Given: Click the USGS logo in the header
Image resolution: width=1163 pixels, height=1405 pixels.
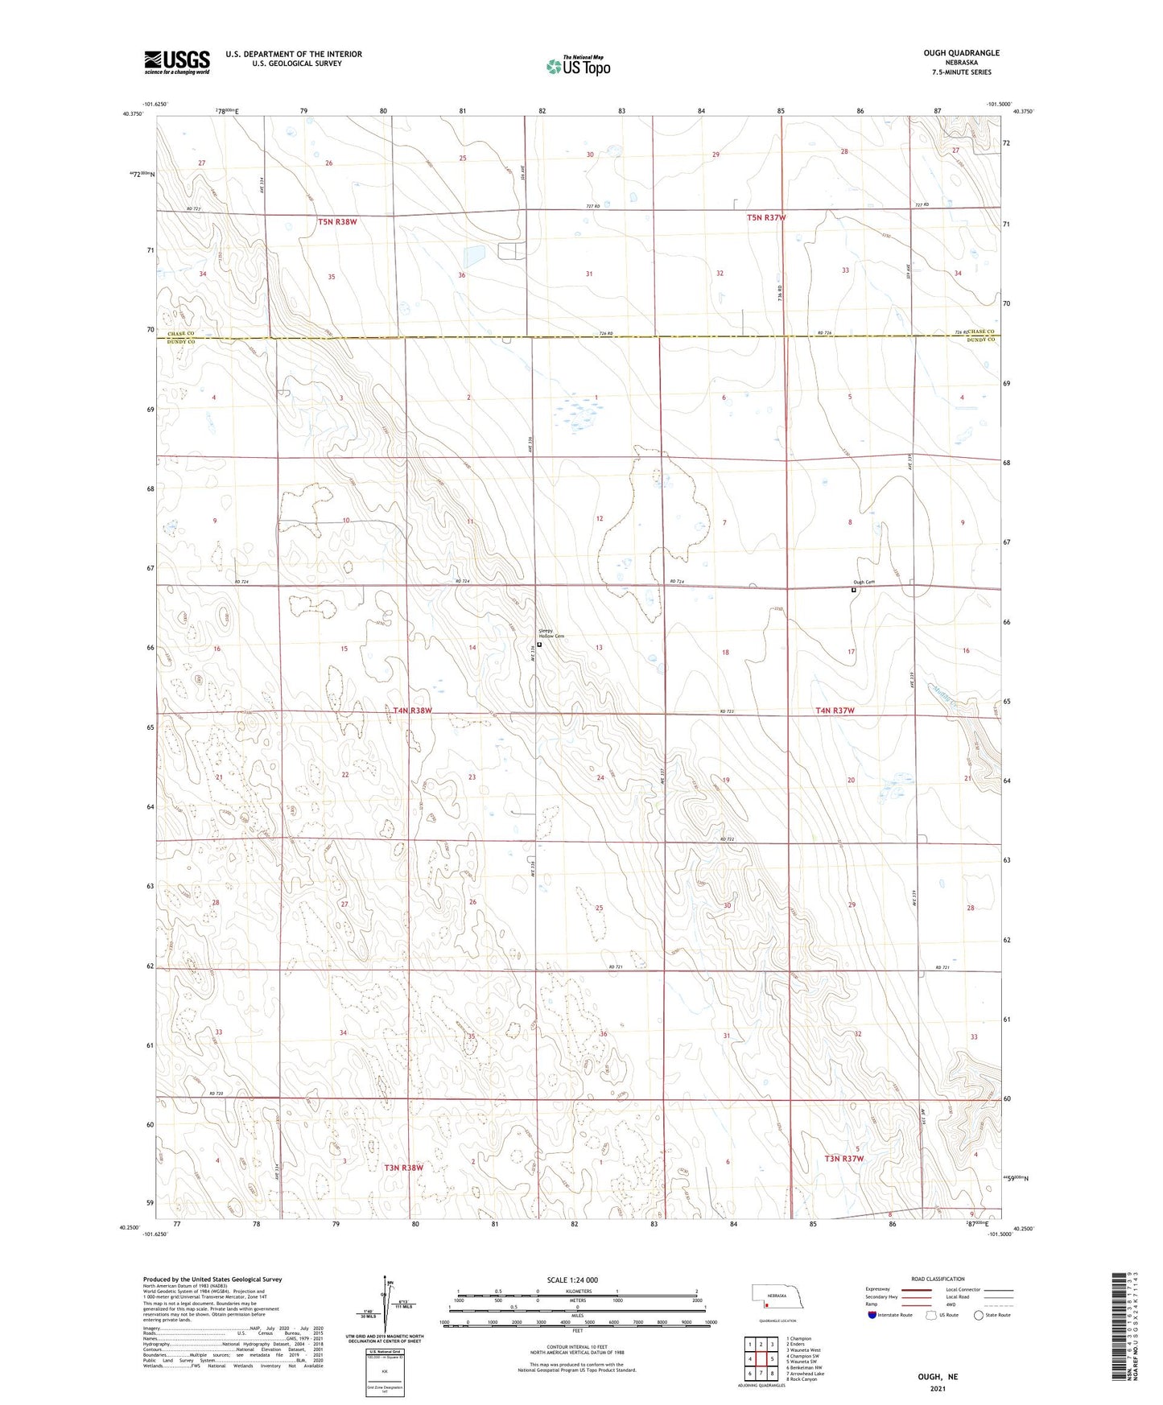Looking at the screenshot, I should point(177,62).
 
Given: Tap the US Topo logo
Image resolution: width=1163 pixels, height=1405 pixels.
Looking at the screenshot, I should point(577,66).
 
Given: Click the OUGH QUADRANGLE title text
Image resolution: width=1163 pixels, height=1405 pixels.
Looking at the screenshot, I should point(961,53).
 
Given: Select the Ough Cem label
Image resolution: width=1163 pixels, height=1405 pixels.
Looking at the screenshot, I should point(864,583).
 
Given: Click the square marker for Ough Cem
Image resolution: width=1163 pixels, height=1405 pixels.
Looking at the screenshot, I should point(854,590).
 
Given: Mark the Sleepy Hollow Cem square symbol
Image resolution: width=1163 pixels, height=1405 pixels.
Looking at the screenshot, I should point(539,644).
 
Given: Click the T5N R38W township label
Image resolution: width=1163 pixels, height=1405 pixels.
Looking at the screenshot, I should point(337,221).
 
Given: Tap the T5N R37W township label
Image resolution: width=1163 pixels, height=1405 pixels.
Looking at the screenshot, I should point(765,218).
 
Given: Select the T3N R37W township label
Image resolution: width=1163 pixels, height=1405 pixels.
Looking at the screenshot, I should point(843,1159).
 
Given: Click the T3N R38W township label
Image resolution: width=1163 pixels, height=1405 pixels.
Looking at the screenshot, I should point(403,1167).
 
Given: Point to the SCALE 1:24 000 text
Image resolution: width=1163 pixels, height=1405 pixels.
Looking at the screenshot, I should point(572,1280).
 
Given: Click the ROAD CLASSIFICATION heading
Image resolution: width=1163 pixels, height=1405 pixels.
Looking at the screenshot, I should point(937,1279).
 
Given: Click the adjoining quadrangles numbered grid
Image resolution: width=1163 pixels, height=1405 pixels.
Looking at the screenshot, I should point(760,1361).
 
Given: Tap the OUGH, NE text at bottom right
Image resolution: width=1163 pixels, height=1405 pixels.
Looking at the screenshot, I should point(938,1377).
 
